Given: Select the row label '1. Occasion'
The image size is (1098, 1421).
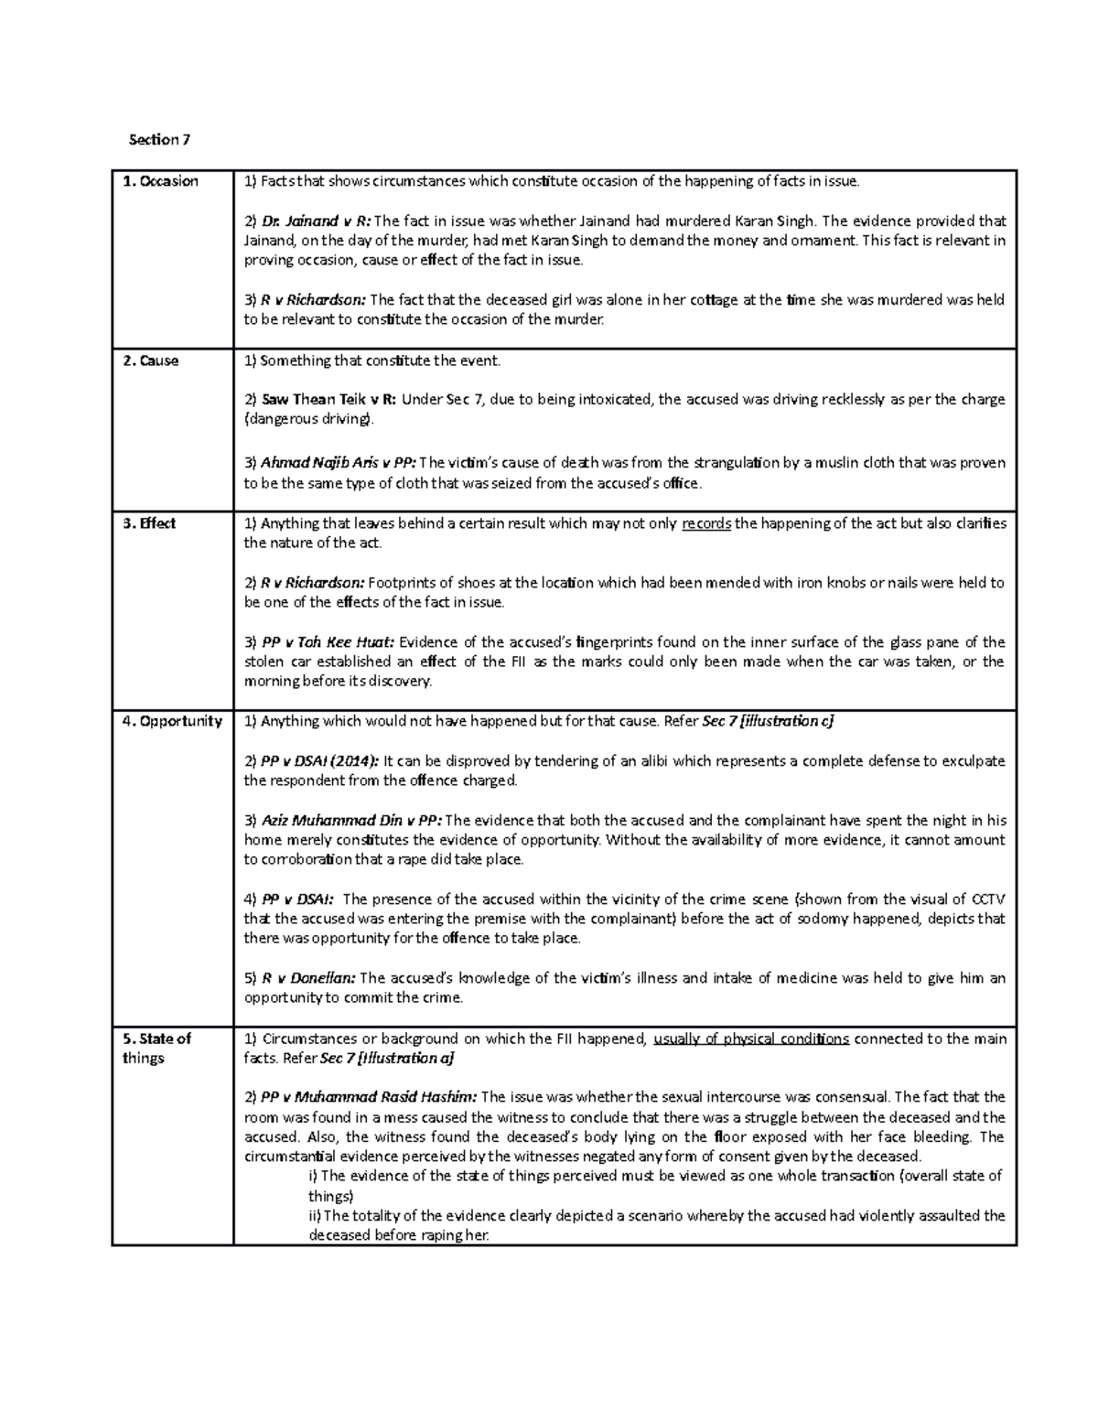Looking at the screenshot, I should click(160, 181).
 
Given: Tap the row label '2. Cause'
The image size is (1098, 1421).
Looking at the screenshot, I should click(150, 361).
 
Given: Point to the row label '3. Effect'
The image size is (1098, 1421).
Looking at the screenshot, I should click(149, 523).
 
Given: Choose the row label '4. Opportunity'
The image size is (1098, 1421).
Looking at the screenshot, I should click(172, 721).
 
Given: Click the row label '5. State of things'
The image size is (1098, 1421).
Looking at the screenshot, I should click(156, 1048).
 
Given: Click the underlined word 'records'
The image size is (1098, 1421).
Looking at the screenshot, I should click(706, 523).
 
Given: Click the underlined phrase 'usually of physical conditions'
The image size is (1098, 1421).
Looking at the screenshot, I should click(751, 1039).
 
